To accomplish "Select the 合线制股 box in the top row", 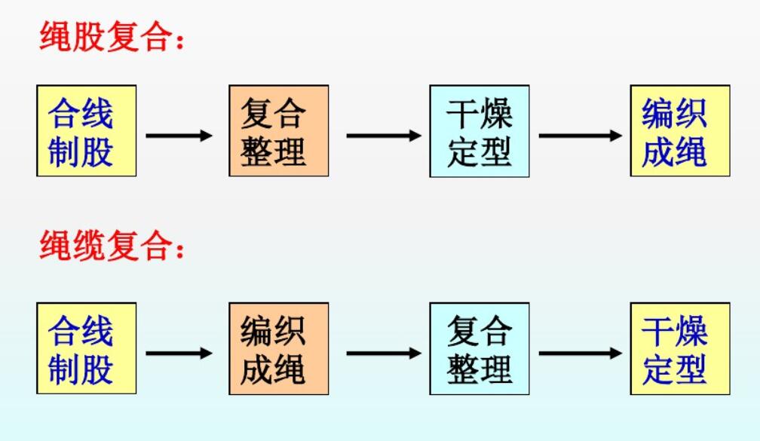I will click(x=86, y=130).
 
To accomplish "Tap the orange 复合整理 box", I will click(x=279, y=130).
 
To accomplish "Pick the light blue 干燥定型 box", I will click(x=480, y=130).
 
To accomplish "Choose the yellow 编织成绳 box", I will click(x=680, y=130).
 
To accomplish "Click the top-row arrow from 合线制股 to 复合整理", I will click(x=179, y=136).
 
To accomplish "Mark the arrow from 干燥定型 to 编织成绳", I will click(x=580, y=136).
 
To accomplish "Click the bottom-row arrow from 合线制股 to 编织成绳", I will click(x=179, y=353).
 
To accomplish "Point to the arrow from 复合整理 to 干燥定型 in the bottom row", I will click(x=580, y=353).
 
